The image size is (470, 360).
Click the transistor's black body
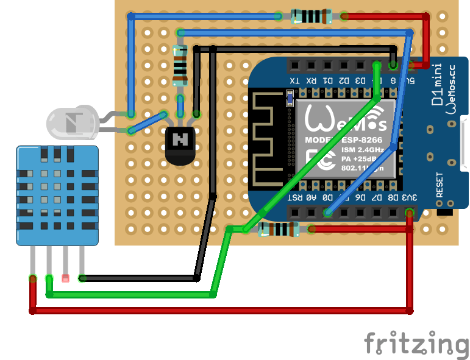tap(180, 144)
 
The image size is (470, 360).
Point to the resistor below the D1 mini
tap(279, 229)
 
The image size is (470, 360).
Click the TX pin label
tap(294, 80)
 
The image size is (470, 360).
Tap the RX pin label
tap(311, 80)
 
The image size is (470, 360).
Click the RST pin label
tap(294, 197)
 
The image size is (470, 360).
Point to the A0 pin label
tap(312, 197)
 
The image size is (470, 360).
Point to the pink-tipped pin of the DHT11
tap(65, 278)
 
